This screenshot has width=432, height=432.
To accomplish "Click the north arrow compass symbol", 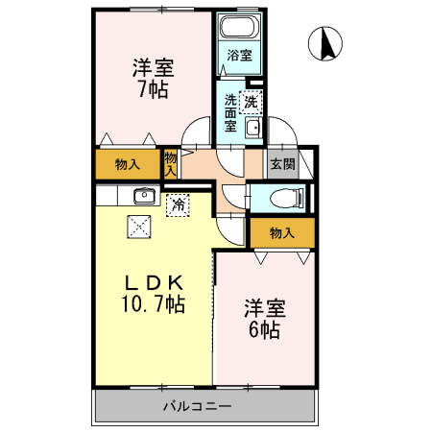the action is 325,44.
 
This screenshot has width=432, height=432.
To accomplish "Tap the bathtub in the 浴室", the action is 240,26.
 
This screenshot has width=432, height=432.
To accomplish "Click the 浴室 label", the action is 239,56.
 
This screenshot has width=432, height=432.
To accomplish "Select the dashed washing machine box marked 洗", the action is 251,103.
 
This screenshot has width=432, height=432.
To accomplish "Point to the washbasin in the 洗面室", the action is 253,128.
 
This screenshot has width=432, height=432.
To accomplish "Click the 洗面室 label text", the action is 230,113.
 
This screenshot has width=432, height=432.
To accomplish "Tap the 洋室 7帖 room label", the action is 154,79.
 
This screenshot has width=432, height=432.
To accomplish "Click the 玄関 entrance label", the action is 282,164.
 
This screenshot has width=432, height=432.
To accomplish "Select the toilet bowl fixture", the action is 286,198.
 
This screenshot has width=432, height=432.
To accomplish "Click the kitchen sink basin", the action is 144,195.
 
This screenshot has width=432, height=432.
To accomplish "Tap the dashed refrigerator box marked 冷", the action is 178,205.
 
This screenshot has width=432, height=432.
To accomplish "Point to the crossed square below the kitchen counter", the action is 139,227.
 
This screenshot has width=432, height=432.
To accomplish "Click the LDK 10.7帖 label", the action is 153,294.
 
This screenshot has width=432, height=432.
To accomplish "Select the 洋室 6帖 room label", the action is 265,319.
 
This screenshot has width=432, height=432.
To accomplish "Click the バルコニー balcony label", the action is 198,406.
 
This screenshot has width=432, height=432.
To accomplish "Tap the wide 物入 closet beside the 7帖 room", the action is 128,164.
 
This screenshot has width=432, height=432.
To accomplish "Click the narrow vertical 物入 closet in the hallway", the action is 171,164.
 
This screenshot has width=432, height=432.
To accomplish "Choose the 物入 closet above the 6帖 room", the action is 282,232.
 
